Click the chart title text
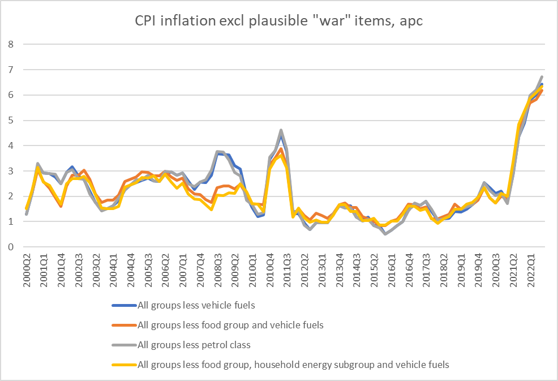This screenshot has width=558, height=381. point(279,21)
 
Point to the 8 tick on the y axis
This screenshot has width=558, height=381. point(10,44)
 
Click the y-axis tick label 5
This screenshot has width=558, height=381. point(10,120)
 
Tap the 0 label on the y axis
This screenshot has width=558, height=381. point(10,247)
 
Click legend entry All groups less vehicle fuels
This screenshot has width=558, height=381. point(196,305)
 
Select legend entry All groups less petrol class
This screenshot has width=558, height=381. point(194,345)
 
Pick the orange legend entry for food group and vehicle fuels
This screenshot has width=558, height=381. point(230,325)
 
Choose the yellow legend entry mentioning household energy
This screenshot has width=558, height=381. point(293,365)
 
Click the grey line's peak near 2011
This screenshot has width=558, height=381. point(281,130)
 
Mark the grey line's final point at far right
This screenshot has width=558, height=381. point(542,76)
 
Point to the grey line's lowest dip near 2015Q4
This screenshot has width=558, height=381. point(385,233)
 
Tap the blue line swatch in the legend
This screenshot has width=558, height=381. point(123,305)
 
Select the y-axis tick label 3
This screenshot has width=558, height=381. point(10,171)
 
